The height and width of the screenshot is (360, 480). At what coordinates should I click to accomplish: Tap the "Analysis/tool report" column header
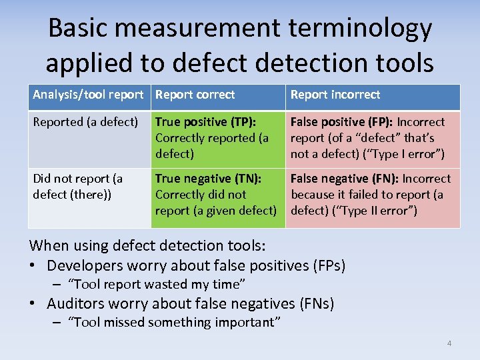88,95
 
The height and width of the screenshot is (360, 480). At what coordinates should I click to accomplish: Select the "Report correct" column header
195,95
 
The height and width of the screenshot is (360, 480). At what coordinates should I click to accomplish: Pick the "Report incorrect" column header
335,95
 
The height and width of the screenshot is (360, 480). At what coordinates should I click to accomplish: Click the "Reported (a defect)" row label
85,122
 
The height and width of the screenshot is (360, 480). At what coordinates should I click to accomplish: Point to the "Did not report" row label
77,179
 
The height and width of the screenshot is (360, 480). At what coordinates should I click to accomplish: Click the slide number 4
449,343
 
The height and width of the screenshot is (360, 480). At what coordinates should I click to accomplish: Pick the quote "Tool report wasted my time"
157,284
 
